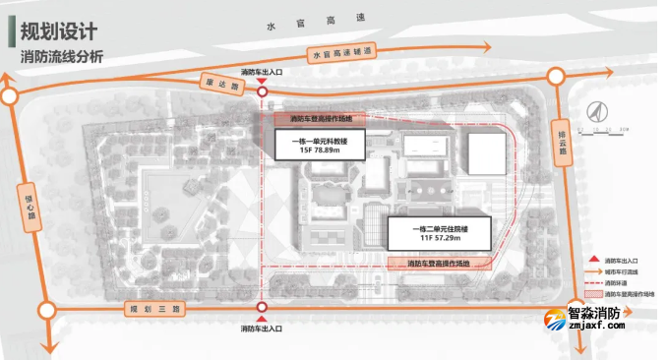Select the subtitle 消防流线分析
click(x=61, y=56)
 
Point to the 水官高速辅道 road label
click(x=343, y=54)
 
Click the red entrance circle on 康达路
click(x=262, y=91)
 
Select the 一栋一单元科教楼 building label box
click(x=325, y=148)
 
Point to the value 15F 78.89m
click(x=325, y=154)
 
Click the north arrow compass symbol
click(x=594, y=114)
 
